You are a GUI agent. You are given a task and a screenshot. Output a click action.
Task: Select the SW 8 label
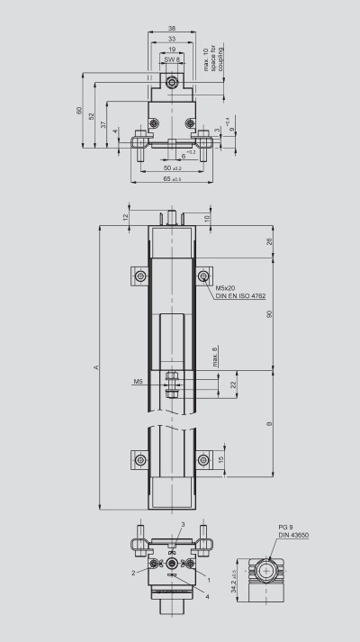[x=171, y=59]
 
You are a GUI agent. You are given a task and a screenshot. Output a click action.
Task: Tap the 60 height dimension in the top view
[x=79, y=112]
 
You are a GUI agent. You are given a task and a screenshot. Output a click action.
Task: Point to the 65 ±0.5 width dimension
[x=170, y=179]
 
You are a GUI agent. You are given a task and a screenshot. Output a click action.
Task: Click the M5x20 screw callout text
[x=225, y=288]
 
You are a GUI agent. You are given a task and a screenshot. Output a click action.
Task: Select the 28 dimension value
[x=270, y=241]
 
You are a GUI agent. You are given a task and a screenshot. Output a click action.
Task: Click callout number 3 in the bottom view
[x=183, y=523]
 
